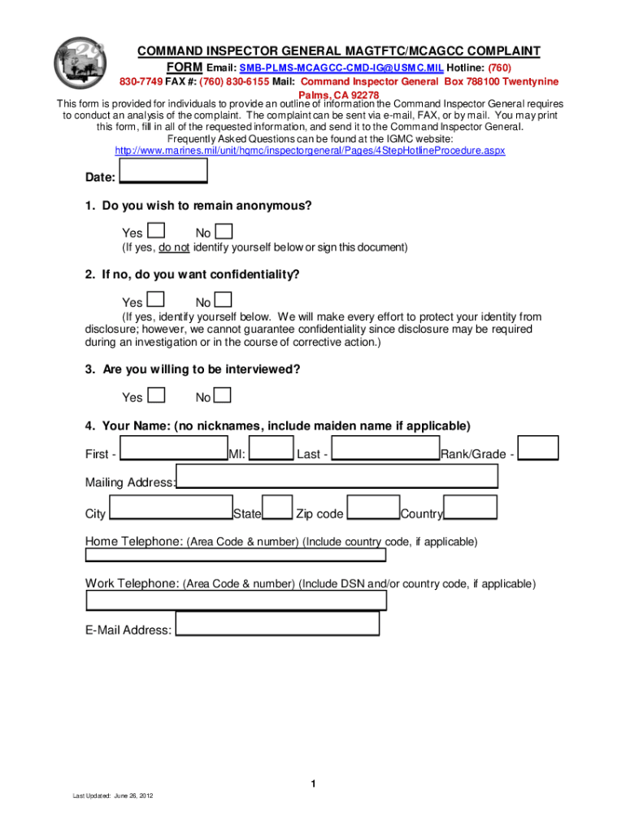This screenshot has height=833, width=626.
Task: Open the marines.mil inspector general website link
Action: (310, 151)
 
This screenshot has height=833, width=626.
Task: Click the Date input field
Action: (163, 171)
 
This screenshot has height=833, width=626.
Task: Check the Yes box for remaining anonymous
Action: (158, 232)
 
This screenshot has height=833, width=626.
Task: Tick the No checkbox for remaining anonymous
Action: (224, 232)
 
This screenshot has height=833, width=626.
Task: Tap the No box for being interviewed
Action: (224, 395)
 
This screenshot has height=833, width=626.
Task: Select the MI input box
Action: (275, 449)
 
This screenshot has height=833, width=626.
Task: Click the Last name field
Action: (386, 449)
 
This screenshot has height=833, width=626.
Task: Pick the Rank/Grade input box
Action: (538, 448)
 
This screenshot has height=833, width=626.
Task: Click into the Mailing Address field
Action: (337, 477)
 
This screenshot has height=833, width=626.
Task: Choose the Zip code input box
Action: (373, 508)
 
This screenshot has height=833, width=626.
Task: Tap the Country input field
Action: (471, 508)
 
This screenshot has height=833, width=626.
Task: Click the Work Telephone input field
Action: (237, 600)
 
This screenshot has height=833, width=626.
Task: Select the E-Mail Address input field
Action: (277, 624)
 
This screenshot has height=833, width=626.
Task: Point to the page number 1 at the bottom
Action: (312, 784)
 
